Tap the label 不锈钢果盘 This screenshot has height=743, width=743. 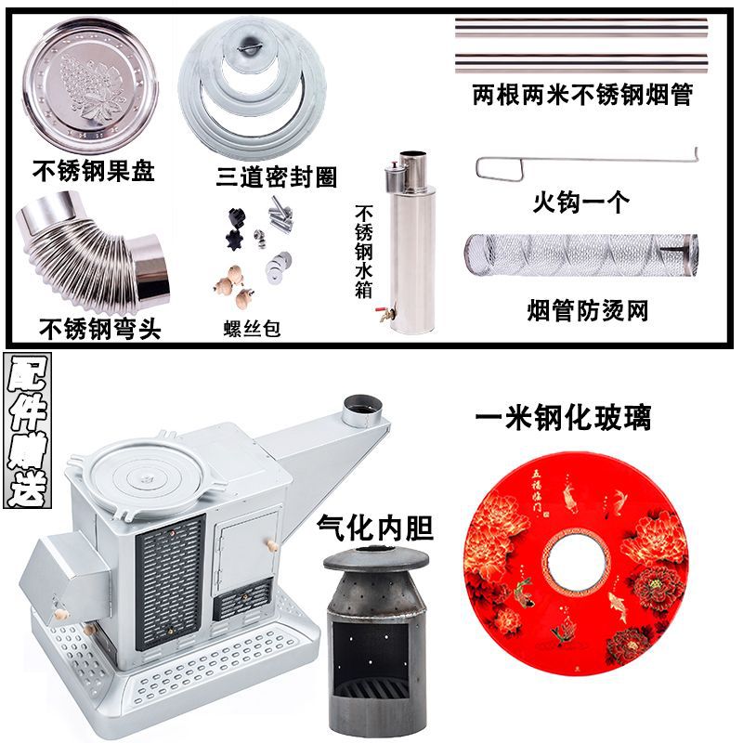pyautogui.click(x=93, y=171)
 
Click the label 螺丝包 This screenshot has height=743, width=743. pyautogui.click(x=252, y=329)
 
